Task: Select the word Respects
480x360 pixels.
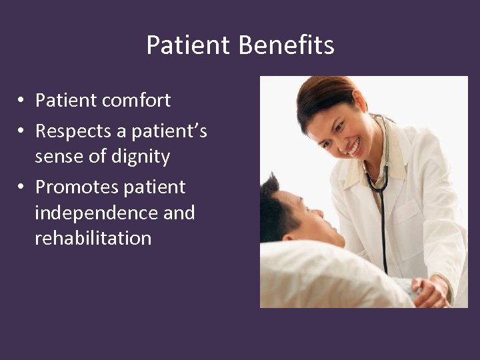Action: [73, 131]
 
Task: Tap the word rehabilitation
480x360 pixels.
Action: [93, 238]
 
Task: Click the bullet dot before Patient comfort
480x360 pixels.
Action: [22, 101]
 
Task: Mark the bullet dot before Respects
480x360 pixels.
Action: [22, 132]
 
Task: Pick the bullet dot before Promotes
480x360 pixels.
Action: [22, 187]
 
